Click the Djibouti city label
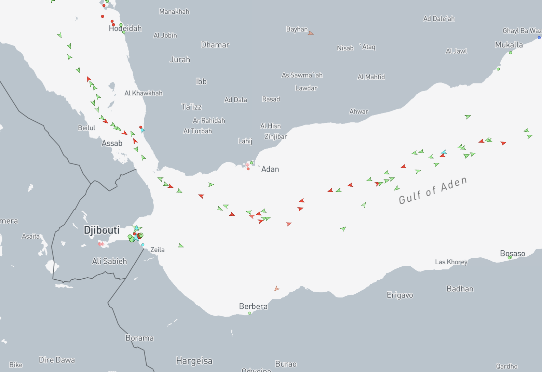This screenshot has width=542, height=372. (102, 230)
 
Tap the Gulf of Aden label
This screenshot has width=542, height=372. (433, 190)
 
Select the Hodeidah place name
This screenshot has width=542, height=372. (125, 28)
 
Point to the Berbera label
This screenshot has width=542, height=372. (253, 306)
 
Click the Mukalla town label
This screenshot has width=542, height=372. (509, 45)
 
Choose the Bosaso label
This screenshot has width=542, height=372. (512, 253)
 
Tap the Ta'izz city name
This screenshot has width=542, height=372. (191, 107)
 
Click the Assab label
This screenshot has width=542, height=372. (112, 143)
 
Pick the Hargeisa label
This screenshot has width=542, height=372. (194, 361)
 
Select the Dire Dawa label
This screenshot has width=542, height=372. (57, 360)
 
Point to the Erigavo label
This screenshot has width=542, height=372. (400, 295)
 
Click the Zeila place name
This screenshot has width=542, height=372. (158, 250)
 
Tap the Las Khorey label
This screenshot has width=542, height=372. (451, 262)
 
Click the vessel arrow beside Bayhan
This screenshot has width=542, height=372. (311, 33)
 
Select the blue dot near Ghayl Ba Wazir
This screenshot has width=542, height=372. (539, 38)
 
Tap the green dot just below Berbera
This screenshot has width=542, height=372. (249, 313)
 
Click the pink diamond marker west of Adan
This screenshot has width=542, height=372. (247, 165)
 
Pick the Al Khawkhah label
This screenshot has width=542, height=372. (144, 93)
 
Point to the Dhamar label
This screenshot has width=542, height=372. (215, 45)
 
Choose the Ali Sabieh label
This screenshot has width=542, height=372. (109, 261)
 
